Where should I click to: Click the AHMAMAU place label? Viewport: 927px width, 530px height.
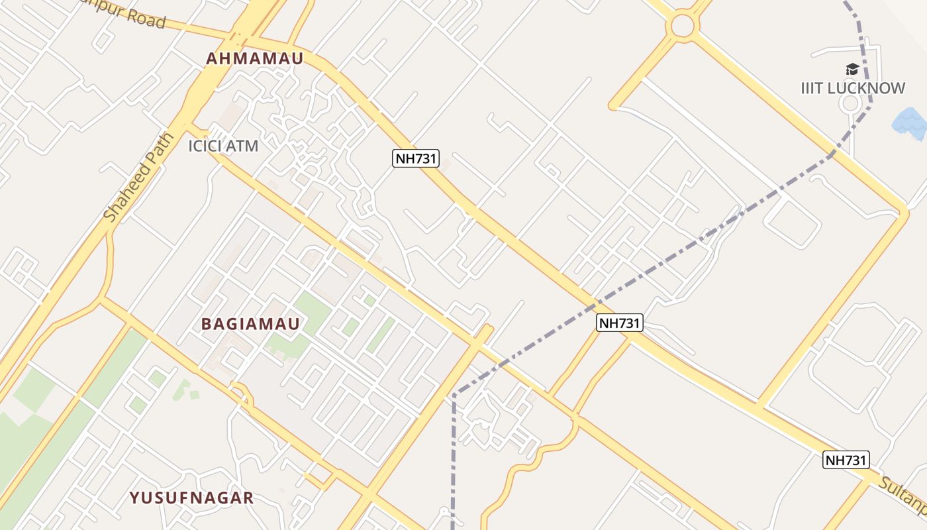(x=254, y=58)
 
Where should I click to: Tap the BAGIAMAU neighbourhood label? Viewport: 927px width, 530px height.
(x=250, y=324)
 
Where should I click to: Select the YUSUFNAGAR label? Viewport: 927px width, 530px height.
(x=191, y=498)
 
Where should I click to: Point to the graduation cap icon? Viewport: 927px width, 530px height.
(x=852, y=70)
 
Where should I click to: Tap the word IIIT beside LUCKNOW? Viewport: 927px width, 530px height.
(x=813, y=88)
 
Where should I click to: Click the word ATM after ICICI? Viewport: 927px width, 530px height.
(x=242, y=146)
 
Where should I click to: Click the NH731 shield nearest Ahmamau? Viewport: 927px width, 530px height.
(x=416, y=158)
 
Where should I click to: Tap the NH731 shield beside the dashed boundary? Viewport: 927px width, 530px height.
(x=620, y=323)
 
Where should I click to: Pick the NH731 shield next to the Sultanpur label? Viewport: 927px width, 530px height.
(x=846, y=460)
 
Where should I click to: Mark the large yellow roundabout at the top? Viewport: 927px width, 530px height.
(x=683, y=26)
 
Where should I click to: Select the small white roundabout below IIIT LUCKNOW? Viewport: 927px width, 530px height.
(x=850, y=103)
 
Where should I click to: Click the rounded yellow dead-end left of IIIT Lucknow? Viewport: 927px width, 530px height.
(x=613, y=105)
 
